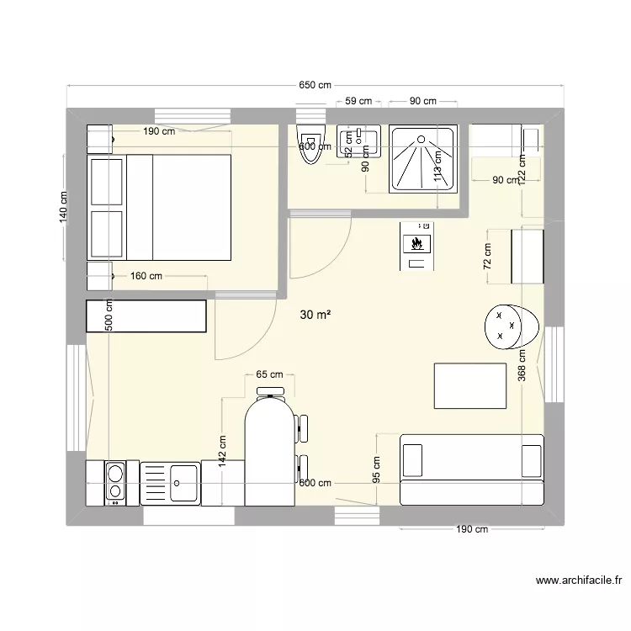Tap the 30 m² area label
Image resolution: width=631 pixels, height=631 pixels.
(315, 315)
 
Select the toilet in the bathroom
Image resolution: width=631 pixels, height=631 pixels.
(310, 145)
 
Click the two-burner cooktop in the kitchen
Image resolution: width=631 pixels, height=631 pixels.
(114, 483)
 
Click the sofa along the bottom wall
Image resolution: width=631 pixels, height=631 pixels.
(471, 469)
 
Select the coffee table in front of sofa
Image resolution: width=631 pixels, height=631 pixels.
(469, 386)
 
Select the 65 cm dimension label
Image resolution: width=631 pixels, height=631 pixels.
(269, 374)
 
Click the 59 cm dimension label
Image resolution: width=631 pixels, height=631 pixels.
(359, 101)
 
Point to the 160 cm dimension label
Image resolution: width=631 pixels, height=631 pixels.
(146, 275)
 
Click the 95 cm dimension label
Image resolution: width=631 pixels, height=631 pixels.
(376, 469)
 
